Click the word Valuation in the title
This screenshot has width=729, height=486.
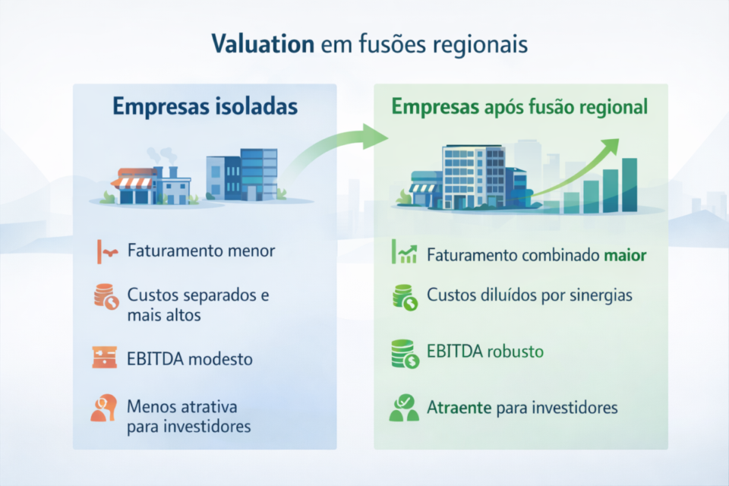(x=263, y=43)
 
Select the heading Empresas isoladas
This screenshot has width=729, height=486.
(x=205, y=106)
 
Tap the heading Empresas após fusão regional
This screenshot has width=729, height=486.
(x=520, y=107)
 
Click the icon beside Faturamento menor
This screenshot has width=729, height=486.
(x=106, y=250)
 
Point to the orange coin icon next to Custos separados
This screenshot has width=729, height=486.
(x=106, y=296)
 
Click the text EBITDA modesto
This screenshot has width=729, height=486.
(x=190, y=358)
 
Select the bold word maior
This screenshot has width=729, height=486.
(x=626, y=255)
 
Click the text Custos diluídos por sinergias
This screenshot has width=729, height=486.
(x=529, y=295)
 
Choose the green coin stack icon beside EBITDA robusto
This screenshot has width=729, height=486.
(x=404, y=353)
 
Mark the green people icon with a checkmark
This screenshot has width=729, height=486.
(x=404, y=408)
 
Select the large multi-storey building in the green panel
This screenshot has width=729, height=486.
(x=473, y=176)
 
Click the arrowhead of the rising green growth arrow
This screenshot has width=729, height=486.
(x=612, y=145)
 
